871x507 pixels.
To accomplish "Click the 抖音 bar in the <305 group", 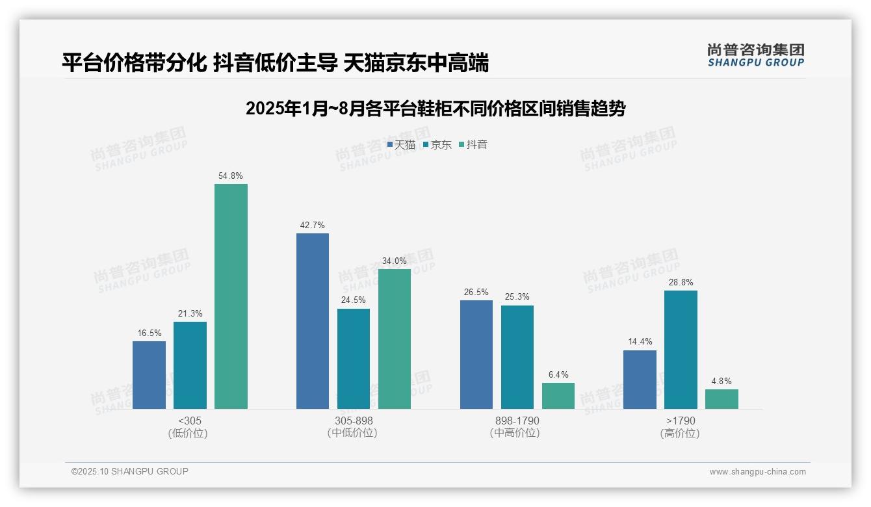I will click(231, 296).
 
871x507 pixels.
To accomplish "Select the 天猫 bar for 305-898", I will click(313, 321).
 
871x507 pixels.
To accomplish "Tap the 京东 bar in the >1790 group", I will click(681, 350).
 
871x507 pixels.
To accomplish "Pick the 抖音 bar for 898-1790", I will click(558, 396).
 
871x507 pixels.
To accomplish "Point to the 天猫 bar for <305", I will click(149, 375).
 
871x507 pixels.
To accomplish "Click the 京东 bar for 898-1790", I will click(517, 357).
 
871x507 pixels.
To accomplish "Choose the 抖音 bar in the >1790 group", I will click(721, 399).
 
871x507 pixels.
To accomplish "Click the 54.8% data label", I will click(231, 176).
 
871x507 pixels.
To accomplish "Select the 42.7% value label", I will click(312, 226).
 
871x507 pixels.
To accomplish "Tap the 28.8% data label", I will click(681, 283).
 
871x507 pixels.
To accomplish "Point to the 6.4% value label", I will click(558, 375).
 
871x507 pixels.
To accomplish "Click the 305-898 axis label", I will click(354, 421).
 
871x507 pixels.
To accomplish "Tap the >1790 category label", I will click(681, 421).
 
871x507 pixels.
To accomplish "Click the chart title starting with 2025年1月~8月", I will click(435, 109).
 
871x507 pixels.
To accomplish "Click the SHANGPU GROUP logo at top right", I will click(756, 55).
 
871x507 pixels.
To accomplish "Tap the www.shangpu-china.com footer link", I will click(757, 472).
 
